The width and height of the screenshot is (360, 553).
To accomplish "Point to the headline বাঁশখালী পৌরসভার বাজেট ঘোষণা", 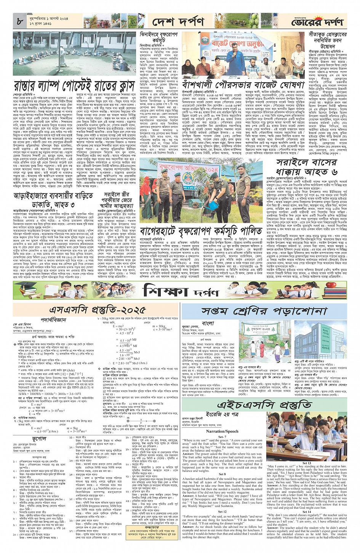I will (243, 84).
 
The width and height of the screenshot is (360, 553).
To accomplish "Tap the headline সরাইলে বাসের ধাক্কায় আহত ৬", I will (307, 167).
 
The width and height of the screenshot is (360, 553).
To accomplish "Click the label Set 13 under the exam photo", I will (307, 463).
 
